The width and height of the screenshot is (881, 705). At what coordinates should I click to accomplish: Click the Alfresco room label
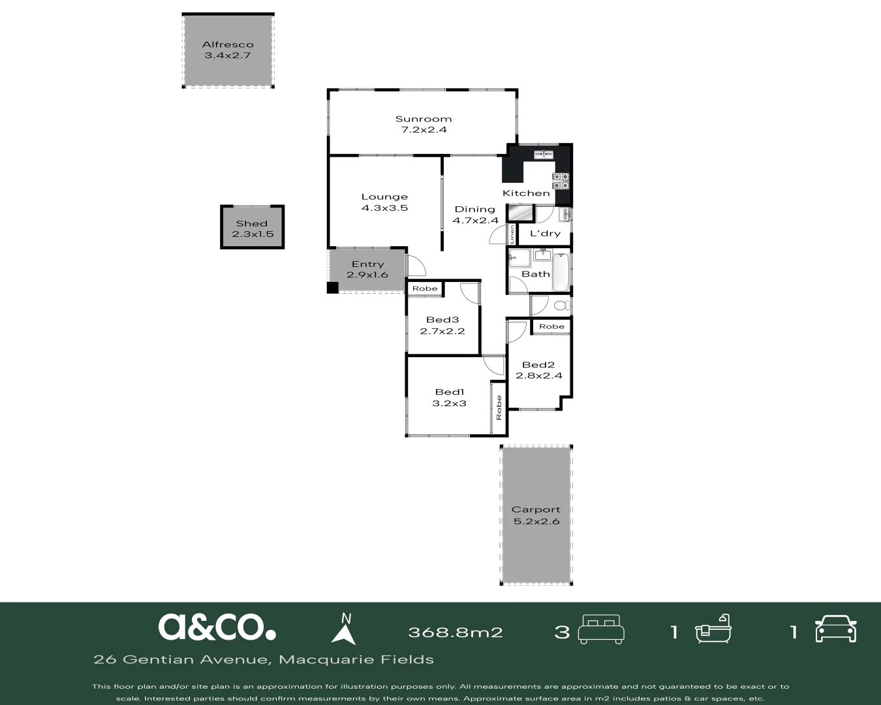pos(228,44)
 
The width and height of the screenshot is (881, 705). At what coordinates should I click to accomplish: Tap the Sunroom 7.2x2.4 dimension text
pos(423,130)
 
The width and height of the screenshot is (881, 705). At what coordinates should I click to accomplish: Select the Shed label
pos(252,223)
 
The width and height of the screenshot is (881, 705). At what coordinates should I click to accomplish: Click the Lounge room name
pos(384,196)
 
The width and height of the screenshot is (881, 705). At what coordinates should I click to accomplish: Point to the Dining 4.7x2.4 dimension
pos(475,221)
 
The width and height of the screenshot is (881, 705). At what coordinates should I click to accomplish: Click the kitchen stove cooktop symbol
pos(561,181)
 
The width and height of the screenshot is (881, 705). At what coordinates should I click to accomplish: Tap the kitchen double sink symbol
pos(543,155)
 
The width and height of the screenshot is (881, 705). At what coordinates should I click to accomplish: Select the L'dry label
pos(545,233)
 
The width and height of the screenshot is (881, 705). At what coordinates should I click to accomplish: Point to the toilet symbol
pos(561,305)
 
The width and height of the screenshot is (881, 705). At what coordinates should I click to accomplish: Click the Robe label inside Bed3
pos(425,289)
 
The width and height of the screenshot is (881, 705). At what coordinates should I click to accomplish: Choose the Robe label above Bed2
pos(551,326)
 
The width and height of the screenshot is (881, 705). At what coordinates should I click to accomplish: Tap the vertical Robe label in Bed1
pos(499,408)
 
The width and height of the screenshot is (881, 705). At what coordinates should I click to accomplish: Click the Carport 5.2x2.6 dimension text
pos(536,522)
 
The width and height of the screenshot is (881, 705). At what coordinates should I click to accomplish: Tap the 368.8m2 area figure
pos(455,632)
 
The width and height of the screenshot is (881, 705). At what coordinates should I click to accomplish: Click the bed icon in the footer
pos(602,629)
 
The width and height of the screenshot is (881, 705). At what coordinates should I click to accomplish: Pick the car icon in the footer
pos(835,629)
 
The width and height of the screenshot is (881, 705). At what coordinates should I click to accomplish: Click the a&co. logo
pos(217,627)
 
